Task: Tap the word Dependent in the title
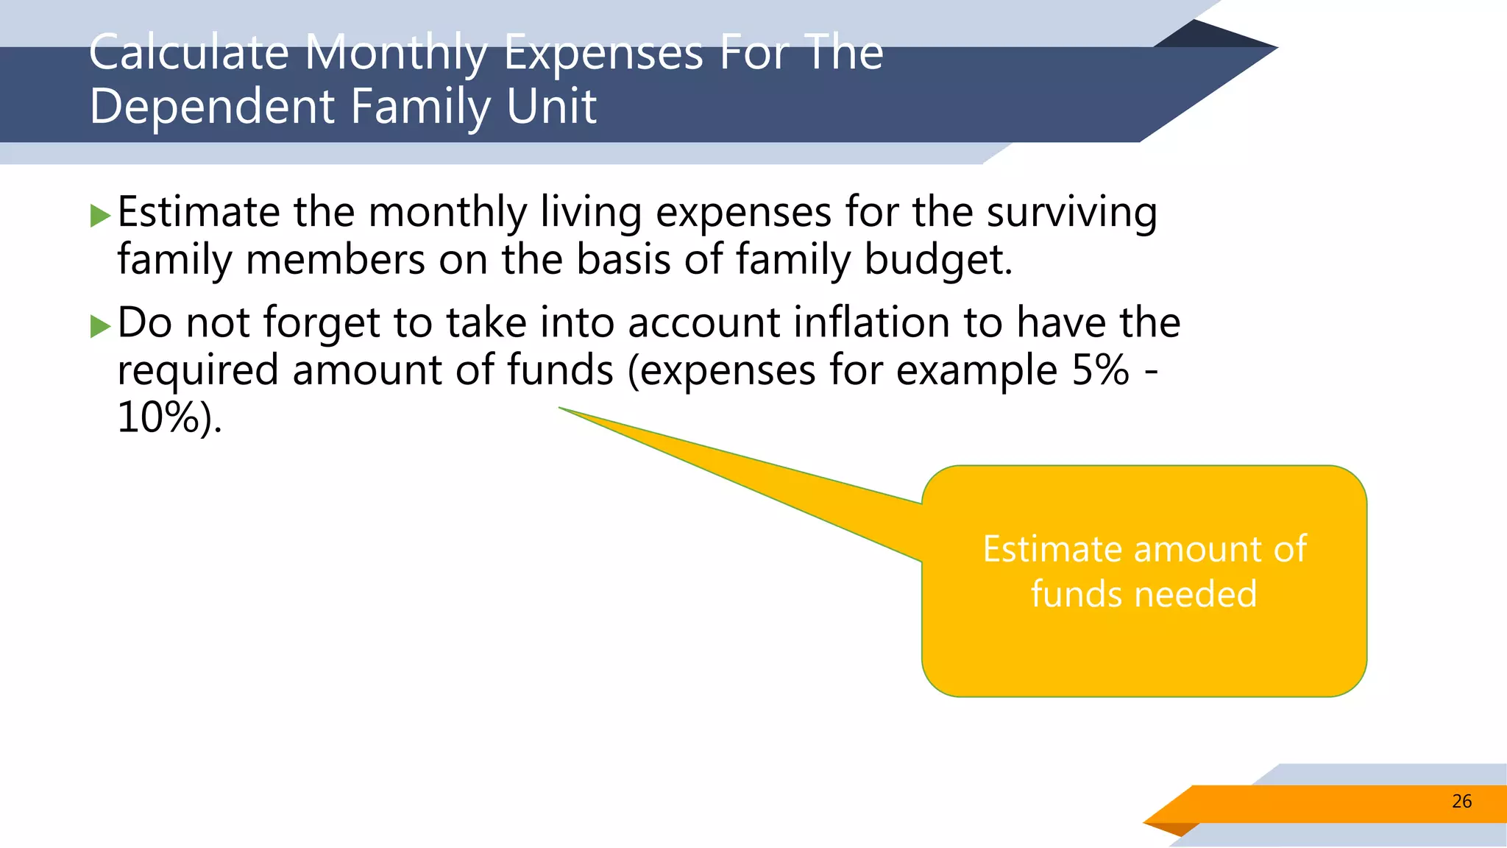[212, 107]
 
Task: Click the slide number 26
[1461, 802]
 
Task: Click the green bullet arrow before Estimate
[100, 216]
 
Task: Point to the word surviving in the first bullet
[1071, 213]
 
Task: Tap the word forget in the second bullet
[321, 324]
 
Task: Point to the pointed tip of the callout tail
[561, 408]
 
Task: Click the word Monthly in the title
[396, 54]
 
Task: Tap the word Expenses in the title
[603, 54]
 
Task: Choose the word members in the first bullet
[336, 261]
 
